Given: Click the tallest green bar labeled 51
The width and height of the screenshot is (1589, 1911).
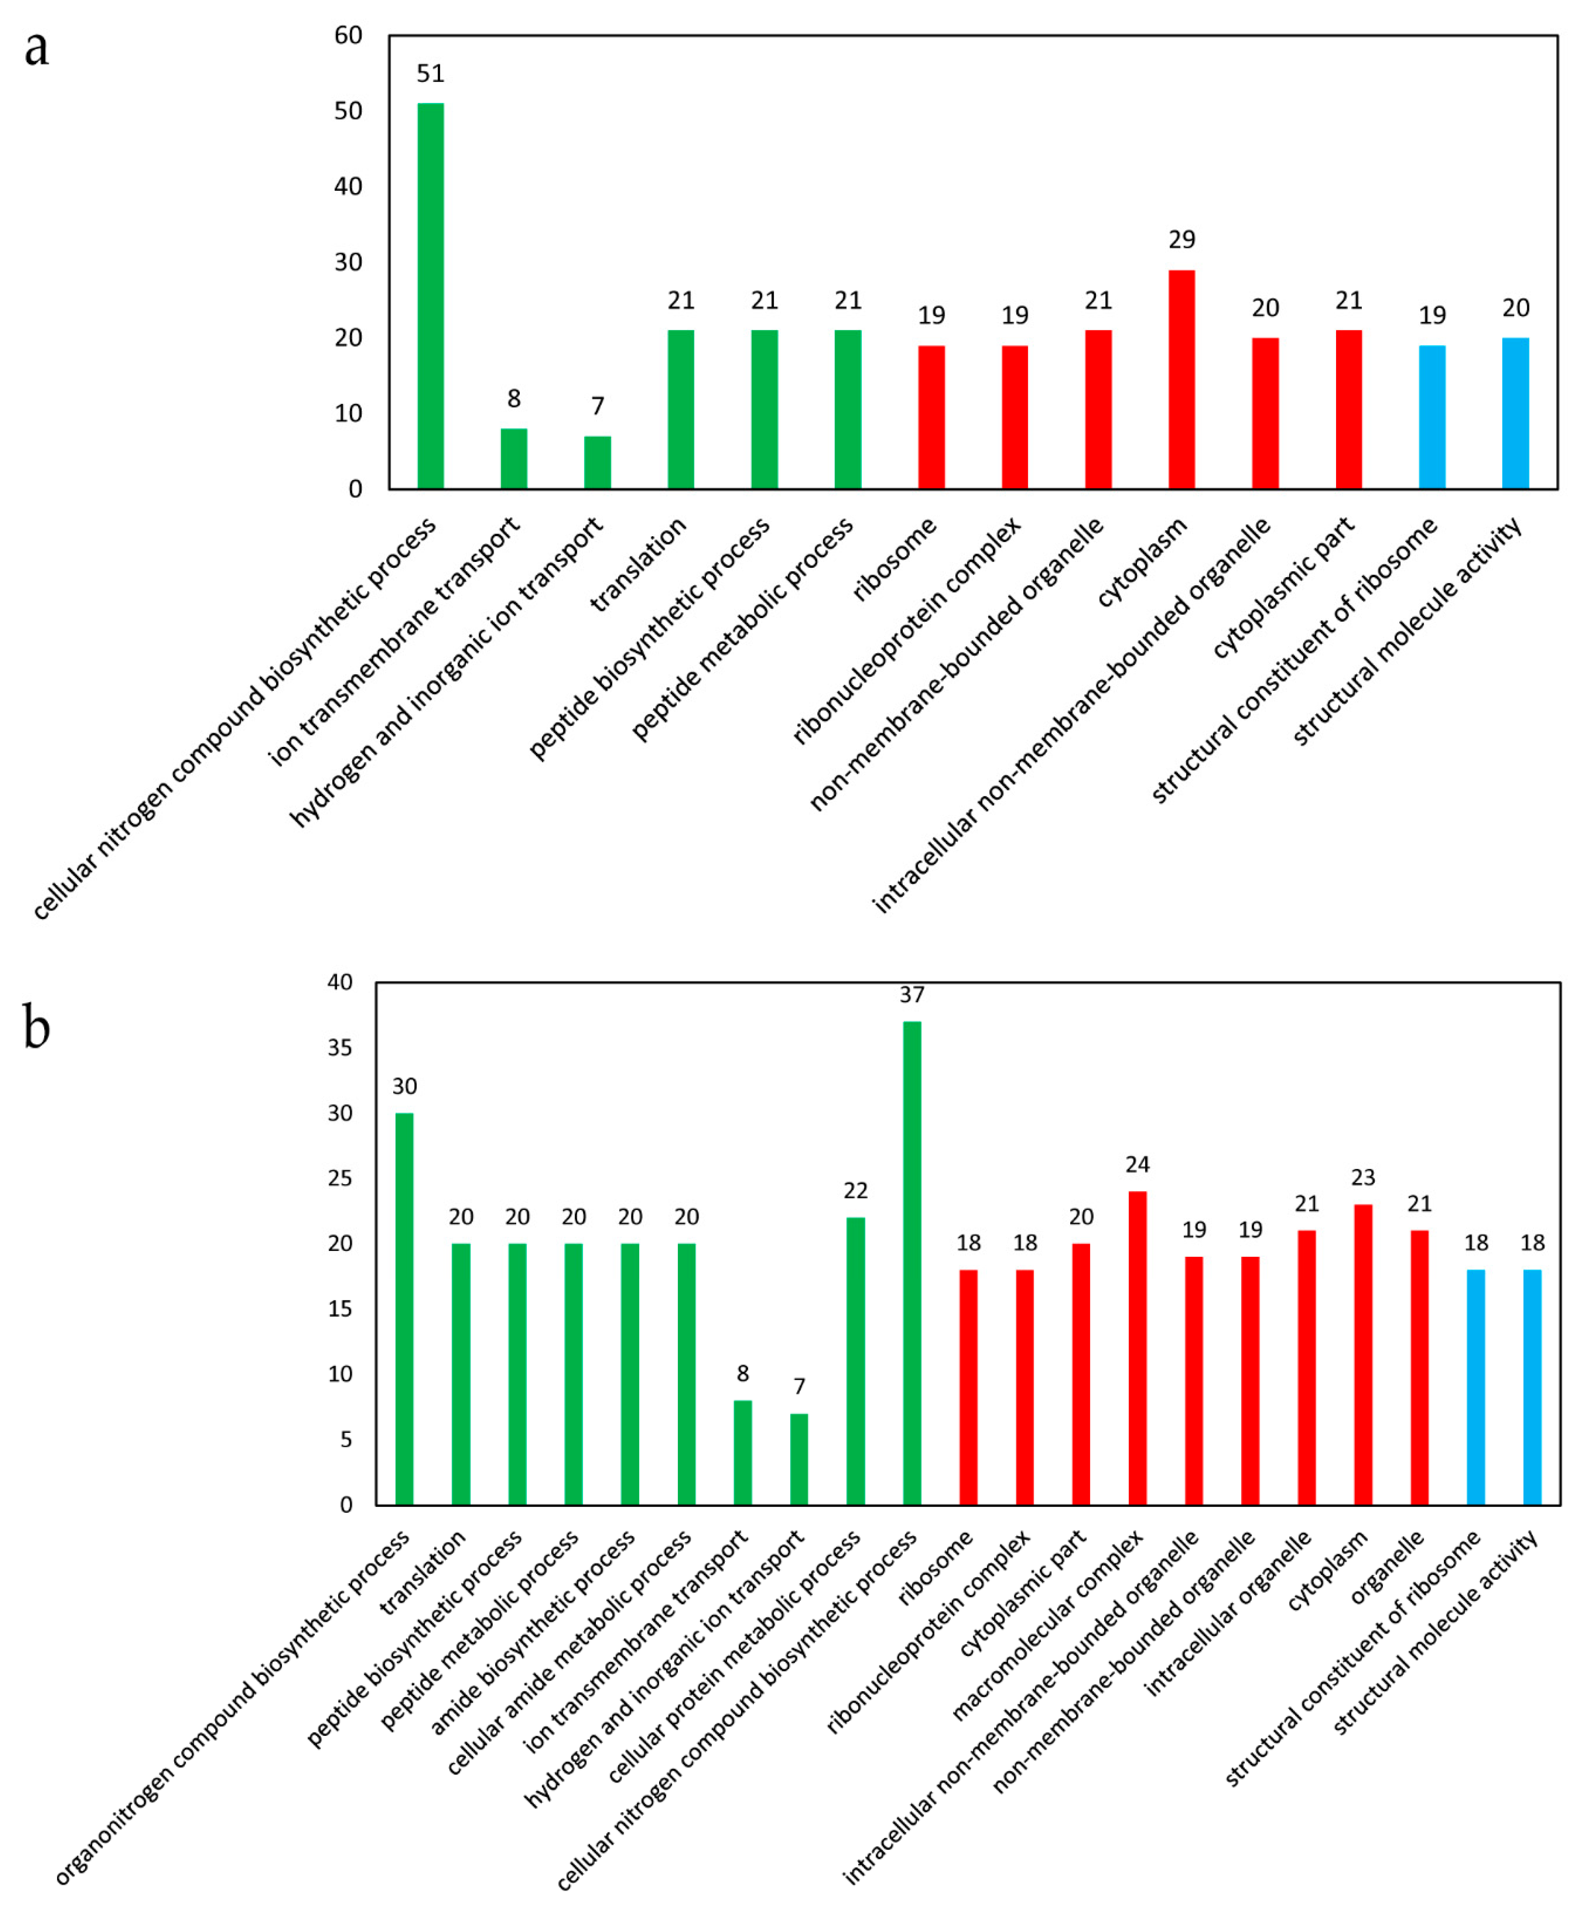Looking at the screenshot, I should click(x=430, y=296).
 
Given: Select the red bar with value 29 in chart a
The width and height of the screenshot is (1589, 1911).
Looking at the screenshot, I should click(x=1182, y=379).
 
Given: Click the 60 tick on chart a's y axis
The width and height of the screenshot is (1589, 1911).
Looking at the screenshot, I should click(x=348, y=36).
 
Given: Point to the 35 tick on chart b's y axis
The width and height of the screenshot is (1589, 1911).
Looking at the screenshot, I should click(x=340, y=1047).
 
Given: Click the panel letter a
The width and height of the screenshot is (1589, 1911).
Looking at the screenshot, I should click(x=37, y=47).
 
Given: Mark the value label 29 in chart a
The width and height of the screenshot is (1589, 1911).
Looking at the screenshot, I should click(x=1182, y=239).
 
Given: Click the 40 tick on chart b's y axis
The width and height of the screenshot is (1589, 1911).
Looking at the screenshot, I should click(x=340, y=982).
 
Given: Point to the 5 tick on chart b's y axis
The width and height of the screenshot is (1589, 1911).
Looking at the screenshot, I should click(x=346, y=1439).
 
